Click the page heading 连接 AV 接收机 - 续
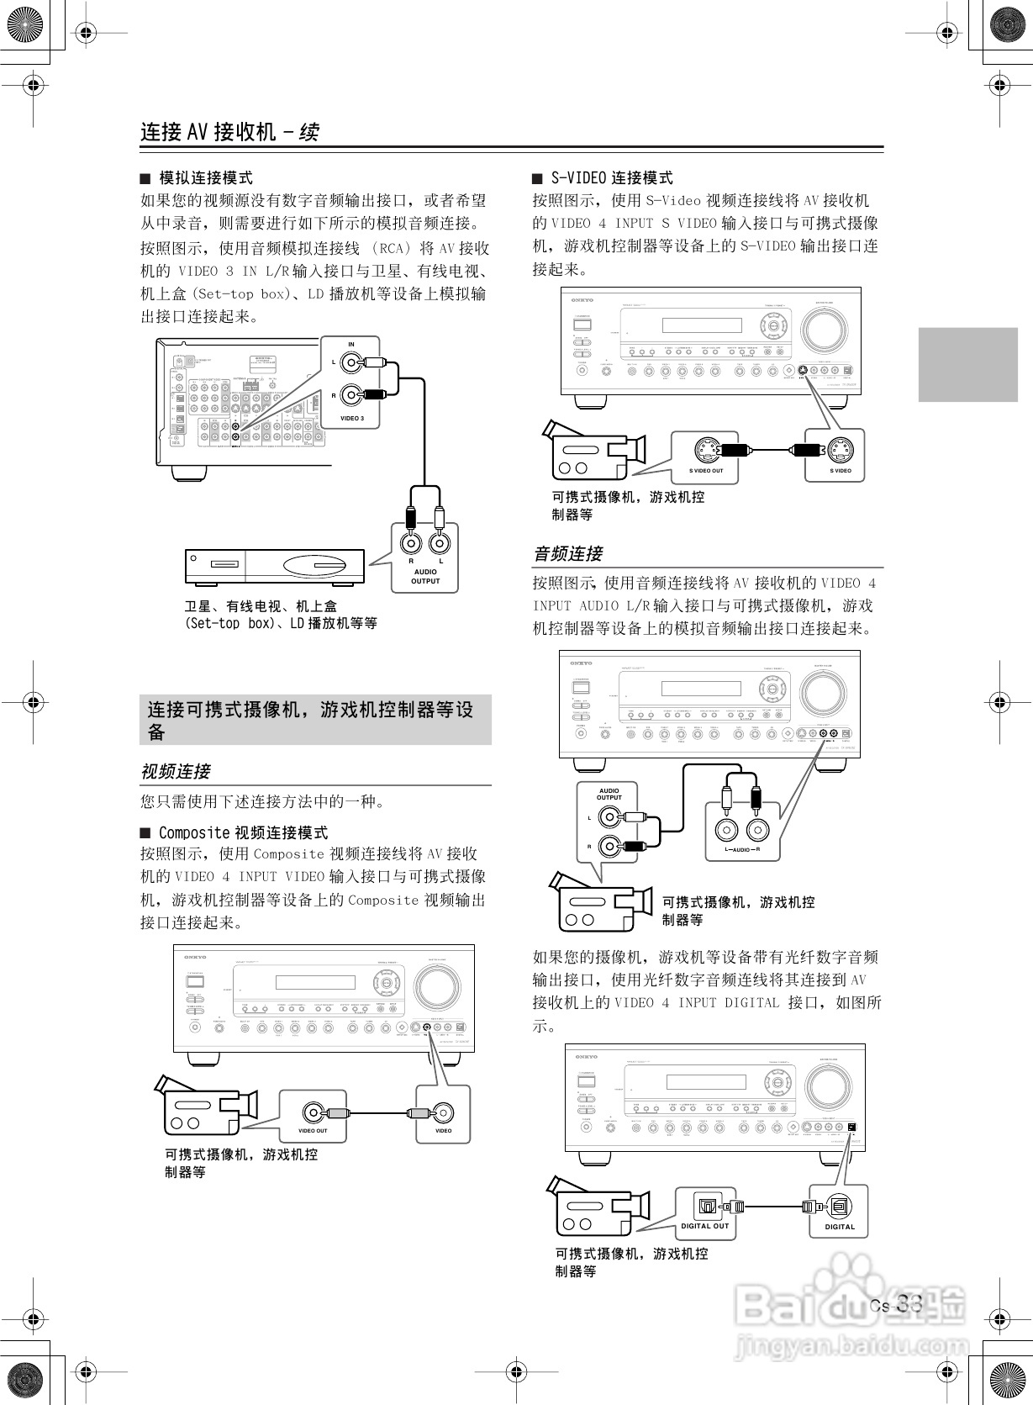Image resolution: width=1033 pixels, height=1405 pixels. [x=229, y=132]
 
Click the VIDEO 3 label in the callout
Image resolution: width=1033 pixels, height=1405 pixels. [x=351, y=418]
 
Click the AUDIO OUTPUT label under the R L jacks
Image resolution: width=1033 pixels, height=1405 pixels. [x=425, y=577]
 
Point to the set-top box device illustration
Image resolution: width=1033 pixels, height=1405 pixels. [x=274, y=566]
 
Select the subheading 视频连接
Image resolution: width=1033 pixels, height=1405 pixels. [x=175, y=771]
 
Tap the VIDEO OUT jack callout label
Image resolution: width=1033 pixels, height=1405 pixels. [x=313, y=1130]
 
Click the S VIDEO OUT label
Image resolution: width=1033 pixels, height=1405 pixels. [x=706, y=471]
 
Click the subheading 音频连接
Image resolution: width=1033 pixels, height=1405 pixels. [x=568, y=554]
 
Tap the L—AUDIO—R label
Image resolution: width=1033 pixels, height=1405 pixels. [x=742, y=850]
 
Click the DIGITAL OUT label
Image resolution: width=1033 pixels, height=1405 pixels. [x=705, y=1226]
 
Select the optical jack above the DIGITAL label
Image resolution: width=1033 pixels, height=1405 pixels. [x=839, y=1207]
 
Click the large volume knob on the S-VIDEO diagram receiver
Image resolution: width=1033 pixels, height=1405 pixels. [x=824, y=333]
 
